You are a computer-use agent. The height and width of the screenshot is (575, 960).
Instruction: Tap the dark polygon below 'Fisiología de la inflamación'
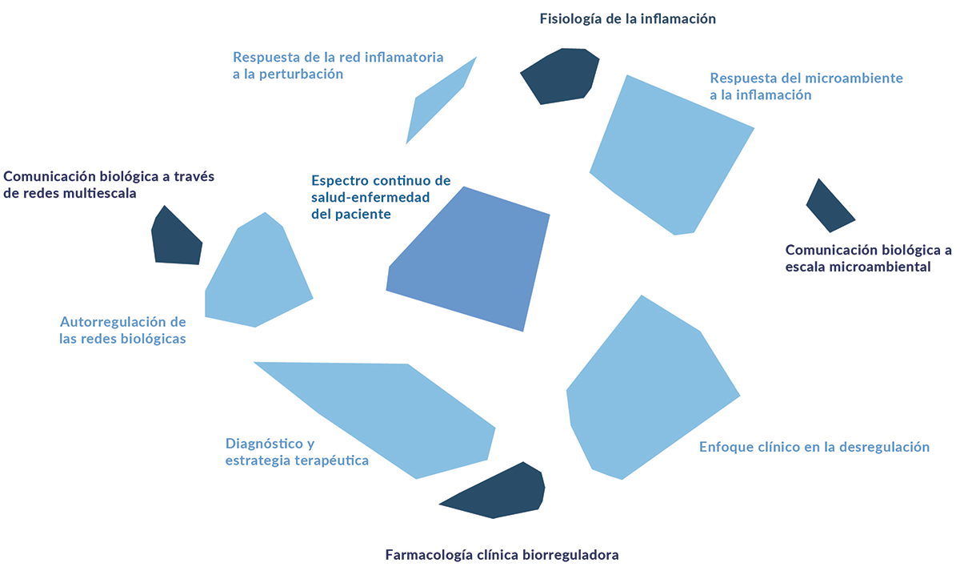click(x=561, y=76)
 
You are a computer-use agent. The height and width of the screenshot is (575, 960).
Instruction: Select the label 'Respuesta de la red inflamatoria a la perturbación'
click(x=338, y=66)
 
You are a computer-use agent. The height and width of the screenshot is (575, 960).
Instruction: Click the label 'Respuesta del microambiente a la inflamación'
click(x=806, y=86)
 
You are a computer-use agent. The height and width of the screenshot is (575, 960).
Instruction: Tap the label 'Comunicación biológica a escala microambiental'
click(x=867, y=259)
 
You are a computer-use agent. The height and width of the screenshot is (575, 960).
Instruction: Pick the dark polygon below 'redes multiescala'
click(x=174, y=239)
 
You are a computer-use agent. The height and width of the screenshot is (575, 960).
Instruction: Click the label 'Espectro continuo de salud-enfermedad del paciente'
click(x=381, y=198)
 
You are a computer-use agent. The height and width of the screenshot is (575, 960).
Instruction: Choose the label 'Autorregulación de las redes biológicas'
click(x=122, y=330)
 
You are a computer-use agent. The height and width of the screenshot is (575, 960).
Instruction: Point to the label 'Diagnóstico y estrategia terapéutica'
click(x=297, y=452)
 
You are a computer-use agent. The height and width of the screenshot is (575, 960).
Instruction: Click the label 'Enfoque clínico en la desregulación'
click(x=814, y=447)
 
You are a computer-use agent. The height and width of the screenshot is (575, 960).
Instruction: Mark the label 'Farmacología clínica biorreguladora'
click(x=502, y=554)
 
